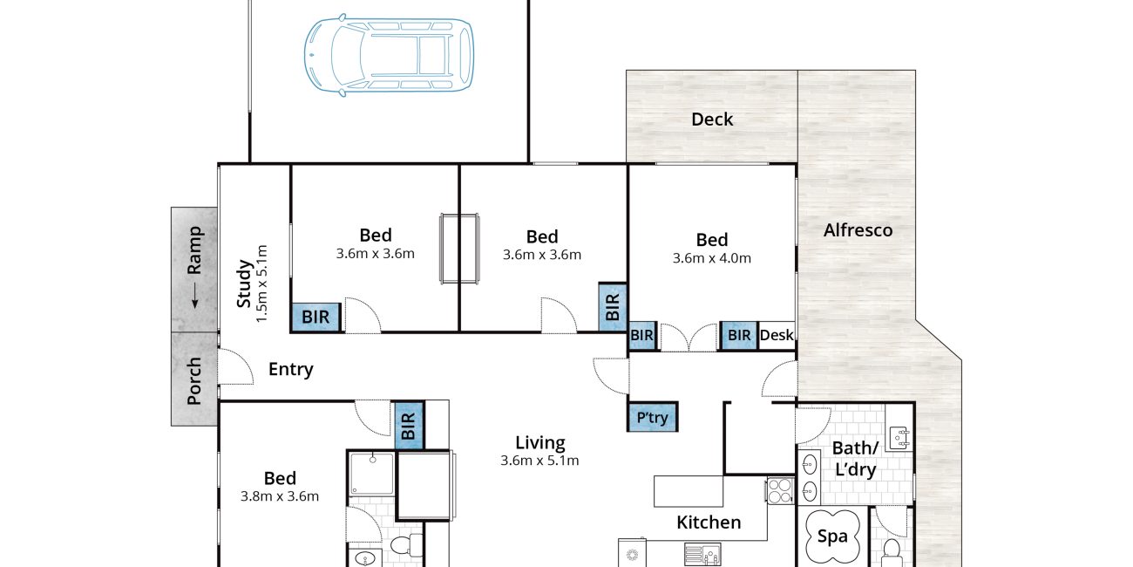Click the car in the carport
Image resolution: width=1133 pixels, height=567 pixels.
point(389,55)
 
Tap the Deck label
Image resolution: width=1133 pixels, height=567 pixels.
point(712,120)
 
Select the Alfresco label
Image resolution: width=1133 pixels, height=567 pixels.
point(858,230)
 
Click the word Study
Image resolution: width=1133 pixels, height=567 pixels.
point(244,283)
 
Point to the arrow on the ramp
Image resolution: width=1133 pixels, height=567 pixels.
point(194,295)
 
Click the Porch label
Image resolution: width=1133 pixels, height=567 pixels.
point(194,380)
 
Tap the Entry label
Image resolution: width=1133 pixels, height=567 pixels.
point(291,370)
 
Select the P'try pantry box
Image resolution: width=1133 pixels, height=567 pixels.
point(653,417)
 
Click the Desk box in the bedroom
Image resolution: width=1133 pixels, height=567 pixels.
point(777,335)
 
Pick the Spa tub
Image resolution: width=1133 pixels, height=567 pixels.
point(832,536)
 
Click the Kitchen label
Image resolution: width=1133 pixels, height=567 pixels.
point(709,523)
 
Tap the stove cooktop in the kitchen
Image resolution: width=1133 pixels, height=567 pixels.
point(780,490)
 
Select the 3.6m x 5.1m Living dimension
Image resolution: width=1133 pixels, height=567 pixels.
point(539,461)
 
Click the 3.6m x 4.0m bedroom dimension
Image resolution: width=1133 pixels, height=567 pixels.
point(712,258)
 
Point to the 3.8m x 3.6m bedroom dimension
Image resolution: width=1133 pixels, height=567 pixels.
point(280,496)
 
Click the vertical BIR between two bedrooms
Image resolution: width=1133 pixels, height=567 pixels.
point(613,307)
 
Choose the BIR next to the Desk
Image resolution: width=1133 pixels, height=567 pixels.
point(739,335)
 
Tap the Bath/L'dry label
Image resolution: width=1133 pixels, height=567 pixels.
point(855,459)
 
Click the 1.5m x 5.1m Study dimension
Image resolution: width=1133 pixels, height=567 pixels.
point(261,283)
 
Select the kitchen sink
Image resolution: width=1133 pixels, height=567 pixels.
point(702,554)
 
